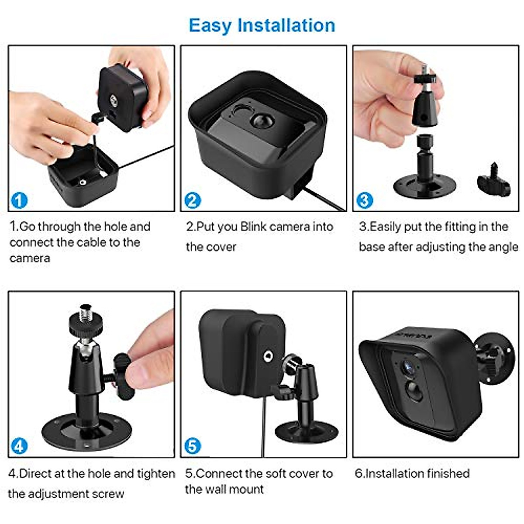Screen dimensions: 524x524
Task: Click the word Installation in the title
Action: (x=286, y=25)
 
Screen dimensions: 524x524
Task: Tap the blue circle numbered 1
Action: (x=19, y=200)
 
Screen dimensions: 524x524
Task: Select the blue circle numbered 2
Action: (x=193, y=200)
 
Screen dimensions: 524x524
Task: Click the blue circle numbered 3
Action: (x=365, y=200)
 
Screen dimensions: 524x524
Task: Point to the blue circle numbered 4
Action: (x=19, y=446)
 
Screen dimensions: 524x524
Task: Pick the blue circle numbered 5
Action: (x=193, y=446)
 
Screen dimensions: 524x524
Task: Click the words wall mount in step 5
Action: (x=239, y=489)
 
